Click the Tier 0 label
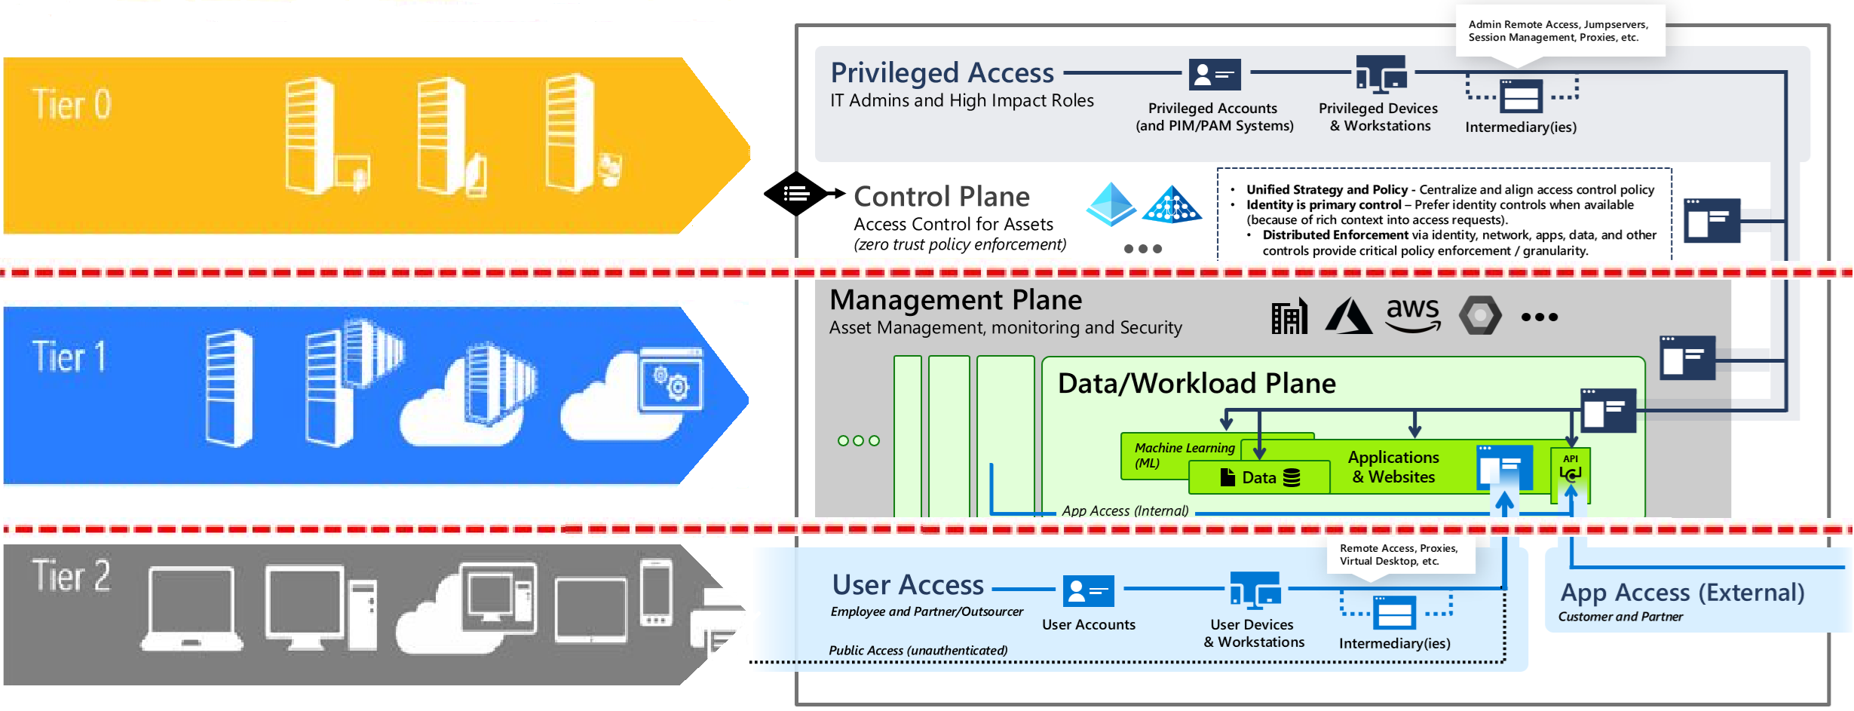coord(72,104)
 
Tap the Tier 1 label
coord(69,357)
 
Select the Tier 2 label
coord(71,576)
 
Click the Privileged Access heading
coord(942,73)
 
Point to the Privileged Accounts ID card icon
coord(1214,75)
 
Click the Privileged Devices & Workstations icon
coord(1381,74)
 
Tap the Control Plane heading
coord(942,197)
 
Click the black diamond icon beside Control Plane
coord(796,194)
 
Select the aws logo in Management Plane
coord(1413,314)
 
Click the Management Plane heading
coord(955,300)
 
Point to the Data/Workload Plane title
coord(1197,383)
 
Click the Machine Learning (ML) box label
coord(1184,455)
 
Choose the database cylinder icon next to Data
coord(1292,477)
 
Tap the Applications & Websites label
coord(1393,467)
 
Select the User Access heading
coord(908,585)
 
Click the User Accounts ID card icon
coord(1088,591)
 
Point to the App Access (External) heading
coord(1682,593)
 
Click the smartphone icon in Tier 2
coord(656,593)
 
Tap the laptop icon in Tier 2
coord(192,609)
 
